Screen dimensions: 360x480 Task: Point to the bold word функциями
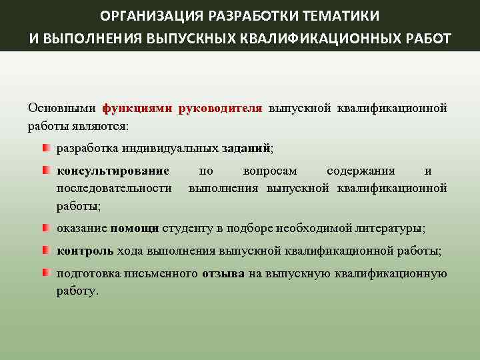pos(138,108)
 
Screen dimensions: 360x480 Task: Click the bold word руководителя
pos(221,108)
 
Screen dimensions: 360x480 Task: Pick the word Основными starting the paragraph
pos(63,108)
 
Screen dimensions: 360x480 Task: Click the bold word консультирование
pos(113,171)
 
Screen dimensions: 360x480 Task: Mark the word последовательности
pos(114,188)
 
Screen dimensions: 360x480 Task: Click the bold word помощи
pos(135,229)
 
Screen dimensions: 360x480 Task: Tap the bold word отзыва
pos(223,274)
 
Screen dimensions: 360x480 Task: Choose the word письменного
pos(162,274)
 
